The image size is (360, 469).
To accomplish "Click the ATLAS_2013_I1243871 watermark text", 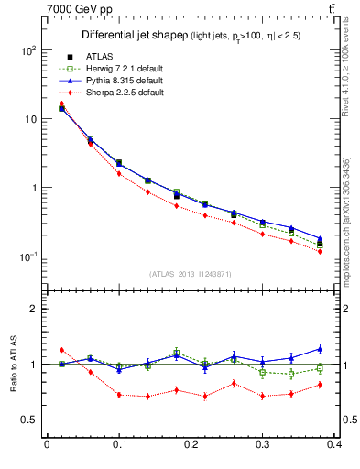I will coord(191,275).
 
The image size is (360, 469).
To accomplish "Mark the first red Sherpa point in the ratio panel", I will coord(61,350).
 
